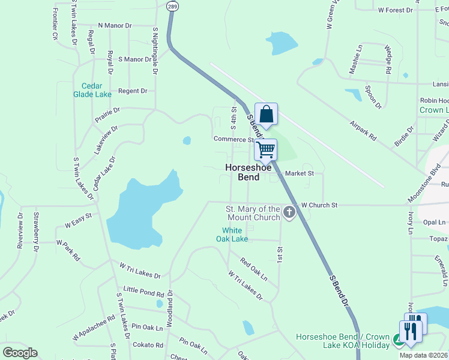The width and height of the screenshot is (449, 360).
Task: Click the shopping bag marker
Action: point(266,114)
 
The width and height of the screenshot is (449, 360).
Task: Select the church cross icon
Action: point(289,212)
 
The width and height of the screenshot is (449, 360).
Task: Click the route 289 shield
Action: point(172,5)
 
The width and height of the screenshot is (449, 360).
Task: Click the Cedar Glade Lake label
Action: point(92,90)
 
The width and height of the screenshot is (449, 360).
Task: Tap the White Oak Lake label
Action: point(232,235)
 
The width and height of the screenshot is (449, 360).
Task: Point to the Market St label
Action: point(300,173)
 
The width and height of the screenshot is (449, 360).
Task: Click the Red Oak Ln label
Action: point(253,269)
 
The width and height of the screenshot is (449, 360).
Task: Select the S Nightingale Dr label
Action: point(155,51)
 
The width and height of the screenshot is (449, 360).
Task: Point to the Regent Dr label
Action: point(133,91)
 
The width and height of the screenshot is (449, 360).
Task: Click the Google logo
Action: point(20,353)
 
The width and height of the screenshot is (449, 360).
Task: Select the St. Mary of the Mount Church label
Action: point(253,212)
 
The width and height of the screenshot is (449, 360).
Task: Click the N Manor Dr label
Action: point(115,26)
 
